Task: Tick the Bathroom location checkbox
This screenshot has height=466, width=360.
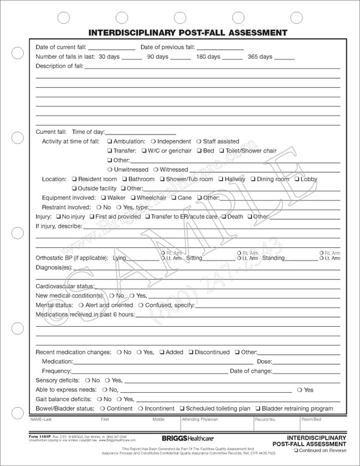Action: click(x=124, y=179)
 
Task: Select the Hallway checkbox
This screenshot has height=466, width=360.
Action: click(x=221, y=179)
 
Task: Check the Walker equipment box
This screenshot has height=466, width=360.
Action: click(x=103, y=198)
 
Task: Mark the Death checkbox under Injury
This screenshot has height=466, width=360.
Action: click(x=224, y=216)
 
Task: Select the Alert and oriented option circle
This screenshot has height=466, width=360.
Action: click(x=81, y=305)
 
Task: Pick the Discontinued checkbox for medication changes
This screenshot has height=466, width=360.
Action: click(x=190, y=353)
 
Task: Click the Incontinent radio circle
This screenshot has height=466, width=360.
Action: click(x=140, y=409)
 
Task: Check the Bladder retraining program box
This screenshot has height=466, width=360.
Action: click(x=258, y=409)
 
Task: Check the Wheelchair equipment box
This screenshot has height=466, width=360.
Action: click(x=133, y=198)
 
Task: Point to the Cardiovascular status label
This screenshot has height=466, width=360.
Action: click(x=64, y=286)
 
